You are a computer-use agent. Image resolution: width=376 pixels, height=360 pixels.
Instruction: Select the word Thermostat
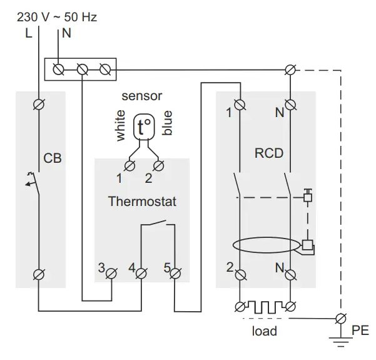(142, 202)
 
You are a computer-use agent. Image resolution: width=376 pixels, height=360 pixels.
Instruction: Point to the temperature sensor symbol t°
(144, 128)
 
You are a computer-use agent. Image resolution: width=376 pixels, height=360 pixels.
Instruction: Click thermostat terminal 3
(112, 272)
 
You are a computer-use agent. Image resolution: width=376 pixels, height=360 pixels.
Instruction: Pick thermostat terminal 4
(141, 272)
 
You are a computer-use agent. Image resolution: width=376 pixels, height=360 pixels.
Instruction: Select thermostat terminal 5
(176, 272)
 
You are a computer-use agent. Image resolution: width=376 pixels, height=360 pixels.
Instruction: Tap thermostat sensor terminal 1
(130, 165)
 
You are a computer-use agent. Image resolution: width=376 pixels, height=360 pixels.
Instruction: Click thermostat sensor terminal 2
(159, 165)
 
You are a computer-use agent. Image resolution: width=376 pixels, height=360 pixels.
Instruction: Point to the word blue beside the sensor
(167, 123)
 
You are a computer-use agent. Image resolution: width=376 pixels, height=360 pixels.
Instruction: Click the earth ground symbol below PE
(341, 341)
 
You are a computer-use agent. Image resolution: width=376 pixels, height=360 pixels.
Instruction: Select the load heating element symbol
(265, 307)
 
